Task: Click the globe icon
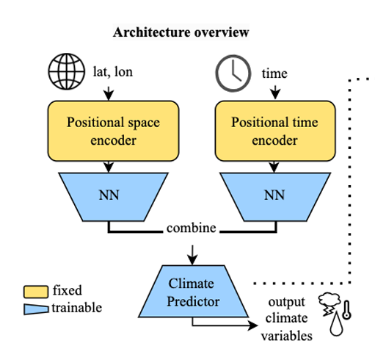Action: tap(67, 71)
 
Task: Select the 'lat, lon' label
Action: tap(113, 72)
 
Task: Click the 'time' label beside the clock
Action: tap(274, 73)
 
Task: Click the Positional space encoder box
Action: tap(113, 131)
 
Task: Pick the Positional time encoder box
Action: tap(275, 131)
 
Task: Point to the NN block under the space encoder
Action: tap(113, 197)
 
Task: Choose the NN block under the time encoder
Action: tap(275, 197)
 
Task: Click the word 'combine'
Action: tap(192, 228)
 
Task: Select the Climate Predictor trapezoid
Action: tap(193, 292)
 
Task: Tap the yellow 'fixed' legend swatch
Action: tap(36, 292)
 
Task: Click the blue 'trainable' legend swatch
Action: tap(36, 309)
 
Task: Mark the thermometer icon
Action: tap(346, 310)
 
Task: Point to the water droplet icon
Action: tap(336, 323)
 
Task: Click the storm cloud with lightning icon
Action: tap(330, 303)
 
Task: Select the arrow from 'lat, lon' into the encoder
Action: tap(109, 93)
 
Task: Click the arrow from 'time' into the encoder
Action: tap(275, 93)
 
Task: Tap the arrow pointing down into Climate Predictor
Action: tap(192, 255)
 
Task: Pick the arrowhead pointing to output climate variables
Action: tap(253, 325)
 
